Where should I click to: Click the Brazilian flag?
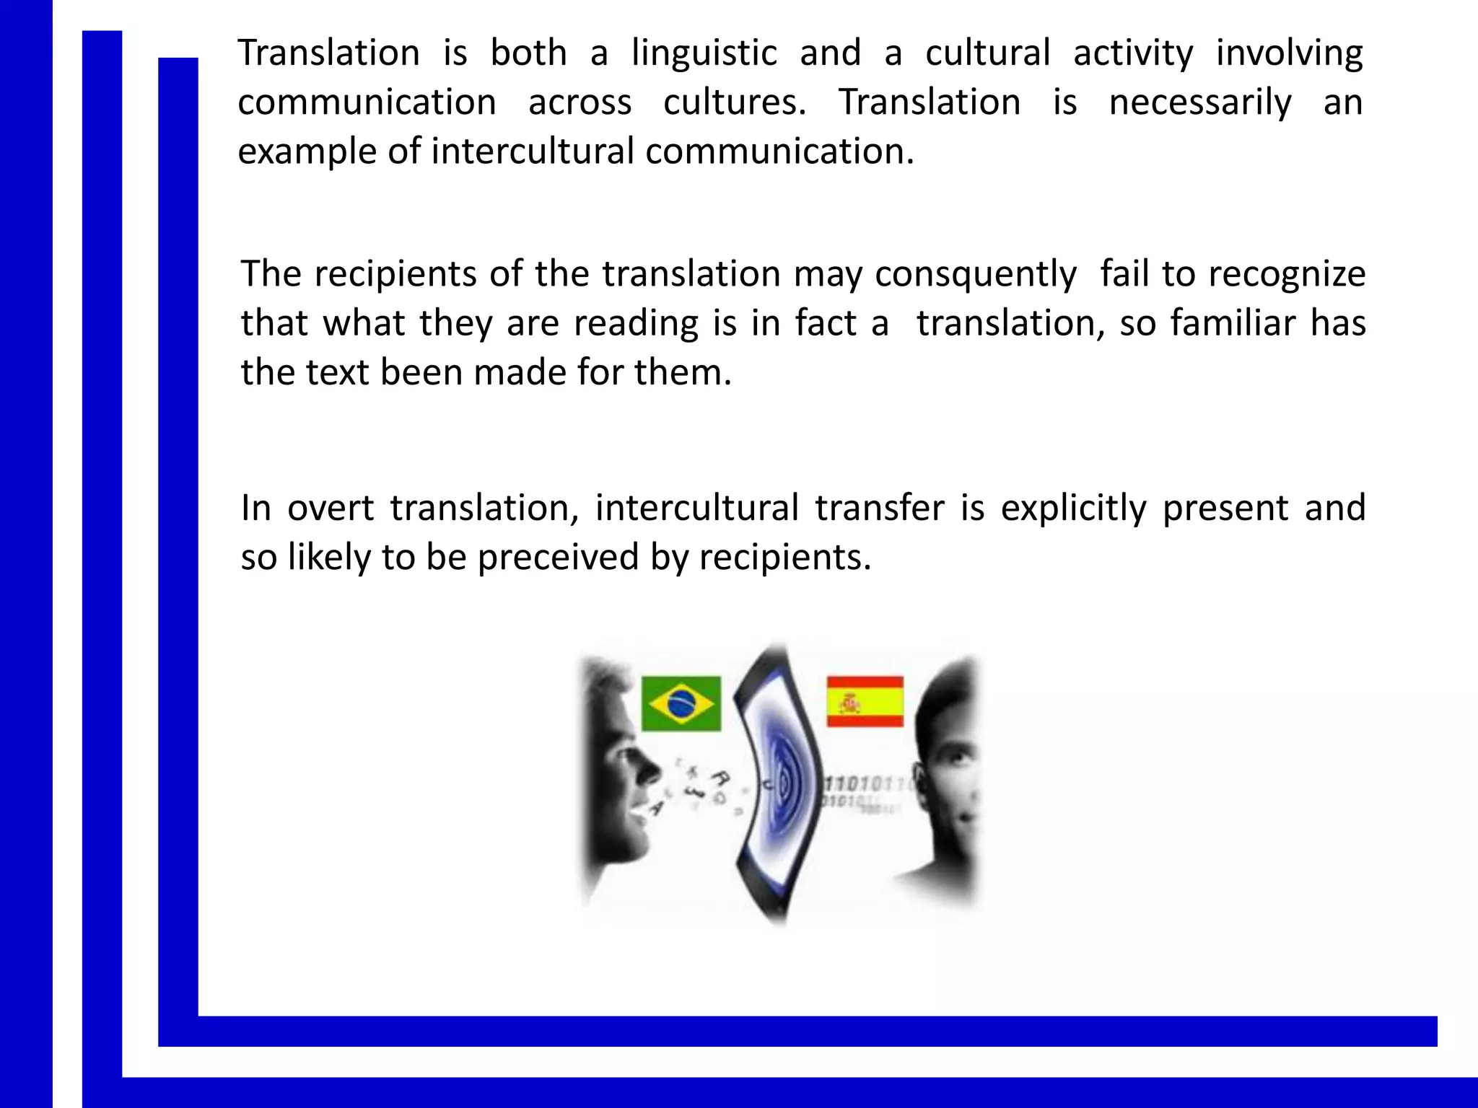(681, 703)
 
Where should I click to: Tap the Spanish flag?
(865, 701)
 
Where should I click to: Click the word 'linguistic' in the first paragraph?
(704, 53)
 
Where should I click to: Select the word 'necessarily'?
(1200, 102)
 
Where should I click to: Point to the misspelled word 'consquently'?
(976, 275)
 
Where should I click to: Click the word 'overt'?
(331, 508)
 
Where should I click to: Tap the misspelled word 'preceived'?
(558, 558)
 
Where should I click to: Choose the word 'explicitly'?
(1073, 509)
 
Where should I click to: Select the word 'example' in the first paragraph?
(307, 152)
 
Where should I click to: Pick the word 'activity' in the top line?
(1133, 53)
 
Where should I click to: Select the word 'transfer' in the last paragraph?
(879, 508)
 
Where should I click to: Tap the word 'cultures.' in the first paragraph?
(735, 102)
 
